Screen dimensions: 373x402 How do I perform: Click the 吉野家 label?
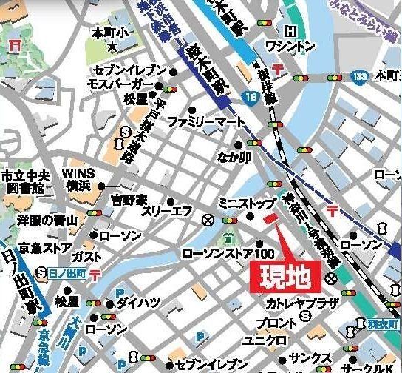130,199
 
